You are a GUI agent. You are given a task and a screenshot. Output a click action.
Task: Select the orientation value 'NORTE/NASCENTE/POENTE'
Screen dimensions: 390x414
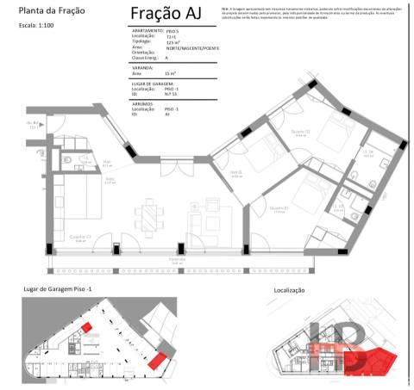coord(193,48)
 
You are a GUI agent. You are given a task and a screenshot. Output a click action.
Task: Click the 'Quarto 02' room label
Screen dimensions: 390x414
coord(300,132)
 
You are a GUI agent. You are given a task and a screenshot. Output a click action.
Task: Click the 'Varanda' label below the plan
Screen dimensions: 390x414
coord(177,258)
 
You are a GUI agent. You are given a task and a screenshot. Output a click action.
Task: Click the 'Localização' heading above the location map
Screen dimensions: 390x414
coord(290,291)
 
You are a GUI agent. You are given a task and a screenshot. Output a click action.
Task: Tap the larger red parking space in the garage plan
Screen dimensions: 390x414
coord(156,360)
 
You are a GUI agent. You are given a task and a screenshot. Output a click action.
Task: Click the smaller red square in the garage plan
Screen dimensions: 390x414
coord(87,328)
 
